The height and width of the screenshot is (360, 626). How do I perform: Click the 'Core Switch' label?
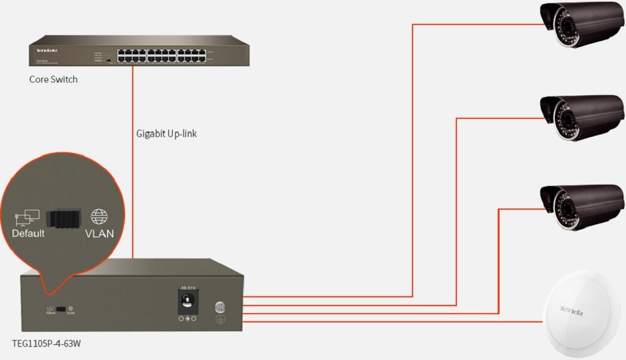tap(53, 80)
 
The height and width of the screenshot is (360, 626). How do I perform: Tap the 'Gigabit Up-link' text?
tap(167, 133)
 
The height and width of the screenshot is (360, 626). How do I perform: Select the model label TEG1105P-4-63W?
tap(46, 344)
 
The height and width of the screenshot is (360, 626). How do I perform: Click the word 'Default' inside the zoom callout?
tap(28, 234)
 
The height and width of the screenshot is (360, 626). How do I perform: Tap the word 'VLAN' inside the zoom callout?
tap(99, 234)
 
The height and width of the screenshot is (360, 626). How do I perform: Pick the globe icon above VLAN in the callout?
tap(99, 217)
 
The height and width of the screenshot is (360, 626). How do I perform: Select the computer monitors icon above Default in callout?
tap(27, 217)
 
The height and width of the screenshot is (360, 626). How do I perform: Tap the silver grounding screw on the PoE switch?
tap(220, 307)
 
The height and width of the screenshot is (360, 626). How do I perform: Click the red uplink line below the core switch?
tap(133, 157)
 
